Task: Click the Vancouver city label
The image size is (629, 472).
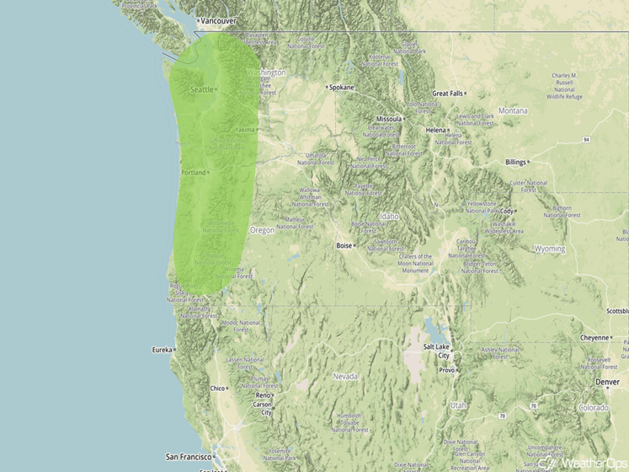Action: tap(218, 20)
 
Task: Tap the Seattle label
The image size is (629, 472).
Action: tap(202, 89)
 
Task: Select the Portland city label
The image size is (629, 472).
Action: tap(193, 173)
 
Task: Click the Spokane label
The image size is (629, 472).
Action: tap(342, 87)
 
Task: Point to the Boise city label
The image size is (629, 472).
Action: tap(344, 246)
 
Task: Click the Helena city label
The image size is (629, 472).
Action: tap(435, 130)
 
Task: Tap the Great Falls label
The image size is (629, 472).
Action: tap(447, 94)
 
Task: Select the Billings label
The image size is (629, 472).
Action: tap(515, 162)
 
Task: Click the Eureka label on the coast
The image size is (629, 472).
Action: tap(161, 349)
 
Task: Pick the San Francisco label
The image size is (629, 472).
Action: tap(187, 456)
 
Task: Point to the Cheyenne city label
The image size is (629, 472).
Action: tap(594, 337)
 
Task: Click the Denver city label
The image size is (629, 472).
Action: tap(607, 382)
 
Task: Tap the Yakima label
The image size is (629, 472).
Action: tap(244, 130)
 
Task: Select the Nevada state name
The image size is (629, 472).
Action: tap(345, 376)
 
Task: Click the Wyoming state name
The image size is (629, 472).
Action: tap(550, 249)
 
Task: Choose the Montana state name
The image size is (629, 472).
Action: tap(513, 110)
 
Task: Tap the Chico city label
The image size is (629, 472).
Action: tap(218, 388)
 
